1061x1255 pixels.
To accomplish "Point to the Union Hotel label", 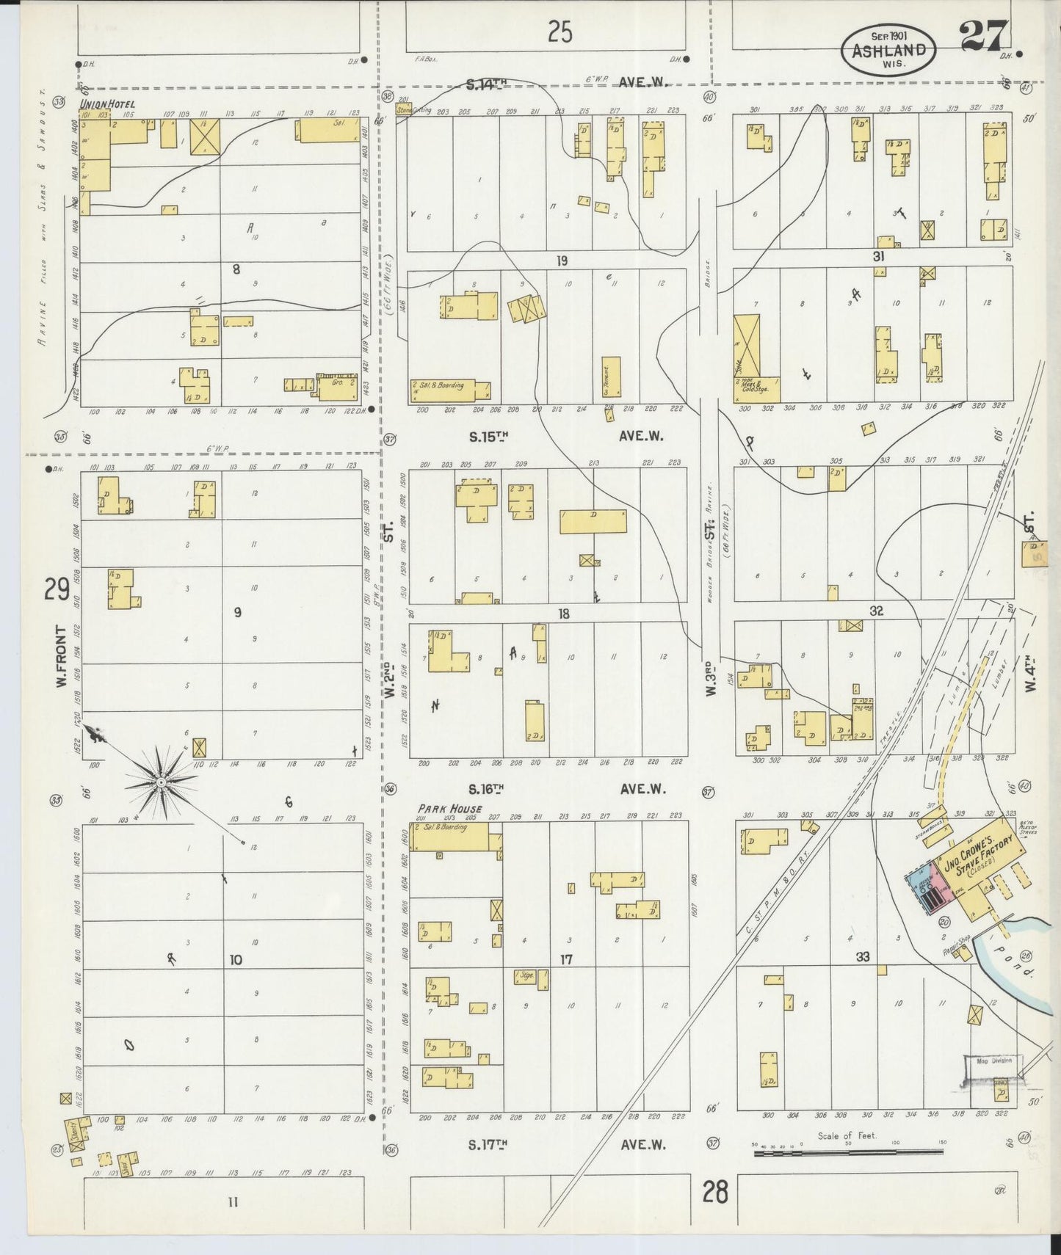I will tap(106, 104).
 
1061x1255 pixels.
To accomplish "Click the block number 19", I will tap(562, 261).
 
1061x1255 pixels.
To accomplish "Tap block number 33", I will tap(862, 957).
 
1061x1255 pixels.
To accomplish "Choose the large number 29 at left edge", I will tap(56, 589).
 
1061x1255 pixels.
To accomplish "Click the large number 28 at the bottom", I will tap(714, 1193).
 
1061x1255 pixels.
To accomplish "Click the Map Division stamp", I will tap(993, 1061).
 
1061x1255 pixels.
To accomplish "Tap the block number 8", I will tap(236, 269).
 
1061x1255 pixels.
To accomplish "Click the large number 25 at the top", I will tap(560, 32).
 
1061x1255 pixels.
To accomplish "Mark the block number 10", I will tap(236, 959).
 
